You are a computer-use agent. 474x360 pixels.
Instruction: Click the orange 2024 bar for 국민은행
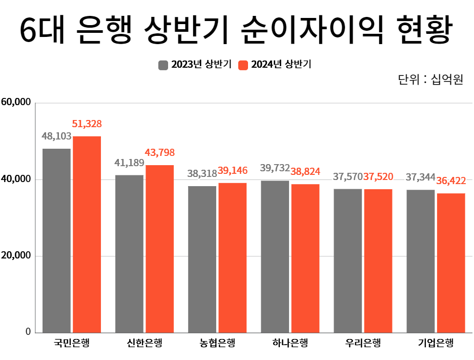[87, 234]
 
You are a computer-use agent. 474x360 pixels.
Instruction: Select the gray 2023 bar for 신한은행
[129, 253]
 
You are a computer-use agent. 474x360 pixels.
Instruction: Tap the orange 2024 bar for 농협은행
[232, 257]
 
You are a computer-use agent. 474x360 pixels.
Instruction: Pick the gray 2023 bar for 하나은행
[275, 256]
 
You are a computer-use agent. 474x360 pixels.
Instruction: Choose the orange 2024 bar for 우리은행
[378, 261]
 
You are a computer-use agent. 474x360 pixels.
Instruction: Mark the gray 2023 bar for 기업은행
[420, 261]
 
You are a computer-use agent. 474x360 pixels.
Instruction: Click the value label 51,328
[87, 124]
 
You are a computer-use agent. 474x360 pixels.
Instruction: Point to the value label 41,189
[129, 163]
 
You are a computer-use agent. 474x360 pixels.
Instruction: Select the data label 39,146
[232, 170]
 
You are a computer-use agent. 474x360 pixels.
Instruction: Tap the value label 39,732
[275, 168]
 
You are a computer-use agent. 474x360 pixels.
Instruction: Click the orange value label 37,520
[378, 177]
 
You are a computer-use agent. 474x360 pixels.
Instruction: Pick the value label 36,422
[451, 181]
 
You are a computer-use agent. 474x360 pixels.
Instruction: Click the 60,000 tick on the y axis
[16, 102]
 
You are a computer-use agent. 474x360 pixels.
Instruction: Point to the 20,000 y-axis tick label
[16, 255]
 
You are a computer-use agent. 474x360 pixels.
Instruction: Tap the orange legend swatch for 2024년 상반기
[243, 65]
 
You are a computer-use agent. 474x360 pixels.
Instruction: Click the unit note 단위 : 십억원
[430, 81]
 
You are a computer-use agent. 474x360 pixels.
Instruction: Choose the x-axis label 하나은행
[290, 343]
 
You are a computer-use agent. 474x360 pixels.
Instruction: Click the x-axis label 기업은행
[436, 343]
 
